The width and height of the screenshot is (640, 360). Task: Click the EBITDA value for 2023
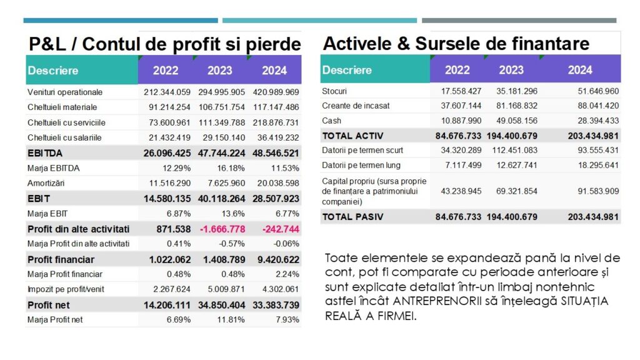tap(222, 153)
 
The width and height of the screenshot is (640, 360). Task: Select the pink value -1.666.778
tap(222, 229)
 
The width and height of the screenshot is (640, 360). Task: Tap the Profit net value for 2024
tap(276, 305)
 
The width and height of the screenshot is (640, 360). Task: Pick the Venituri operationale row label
tap(65, 92)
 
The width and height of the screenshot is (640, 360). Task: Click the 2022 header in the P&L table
tap(165, 70)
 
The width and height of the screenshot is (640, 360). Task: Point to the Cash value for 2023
tap(517, 121)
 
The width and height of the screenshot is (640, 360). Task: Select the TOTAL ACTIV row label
tap(352, 136)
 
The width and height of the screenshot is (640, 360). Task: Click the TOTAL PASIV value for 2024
tap(593, 217)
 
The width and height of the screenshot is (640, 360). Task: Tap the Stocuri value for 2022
tap(461, 91)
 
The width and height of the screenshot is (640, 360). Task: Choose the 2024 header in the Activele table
tap(579, 70)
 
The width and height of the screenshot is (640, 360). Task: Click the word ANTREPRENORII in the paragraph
tap(437, 301)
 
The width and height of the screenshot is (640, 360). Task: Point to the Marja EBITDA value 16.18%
tap(231, 168)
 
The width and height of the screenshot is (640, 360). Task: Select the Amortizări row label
tap(46, 183)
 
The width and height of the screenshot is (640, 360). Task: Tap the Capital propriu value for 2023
tap(517, 191)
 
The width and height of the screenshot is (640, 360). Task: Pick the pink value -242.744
tap(281, 229)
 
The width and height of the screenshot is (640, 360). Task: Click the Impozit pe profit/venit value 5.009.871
tap(226, 289)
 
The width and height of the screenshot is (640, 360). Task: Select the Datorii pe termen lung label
tap(361, 165)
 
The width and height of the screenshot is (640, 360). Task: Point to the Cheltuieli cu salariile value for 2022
tap(169, 138)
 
